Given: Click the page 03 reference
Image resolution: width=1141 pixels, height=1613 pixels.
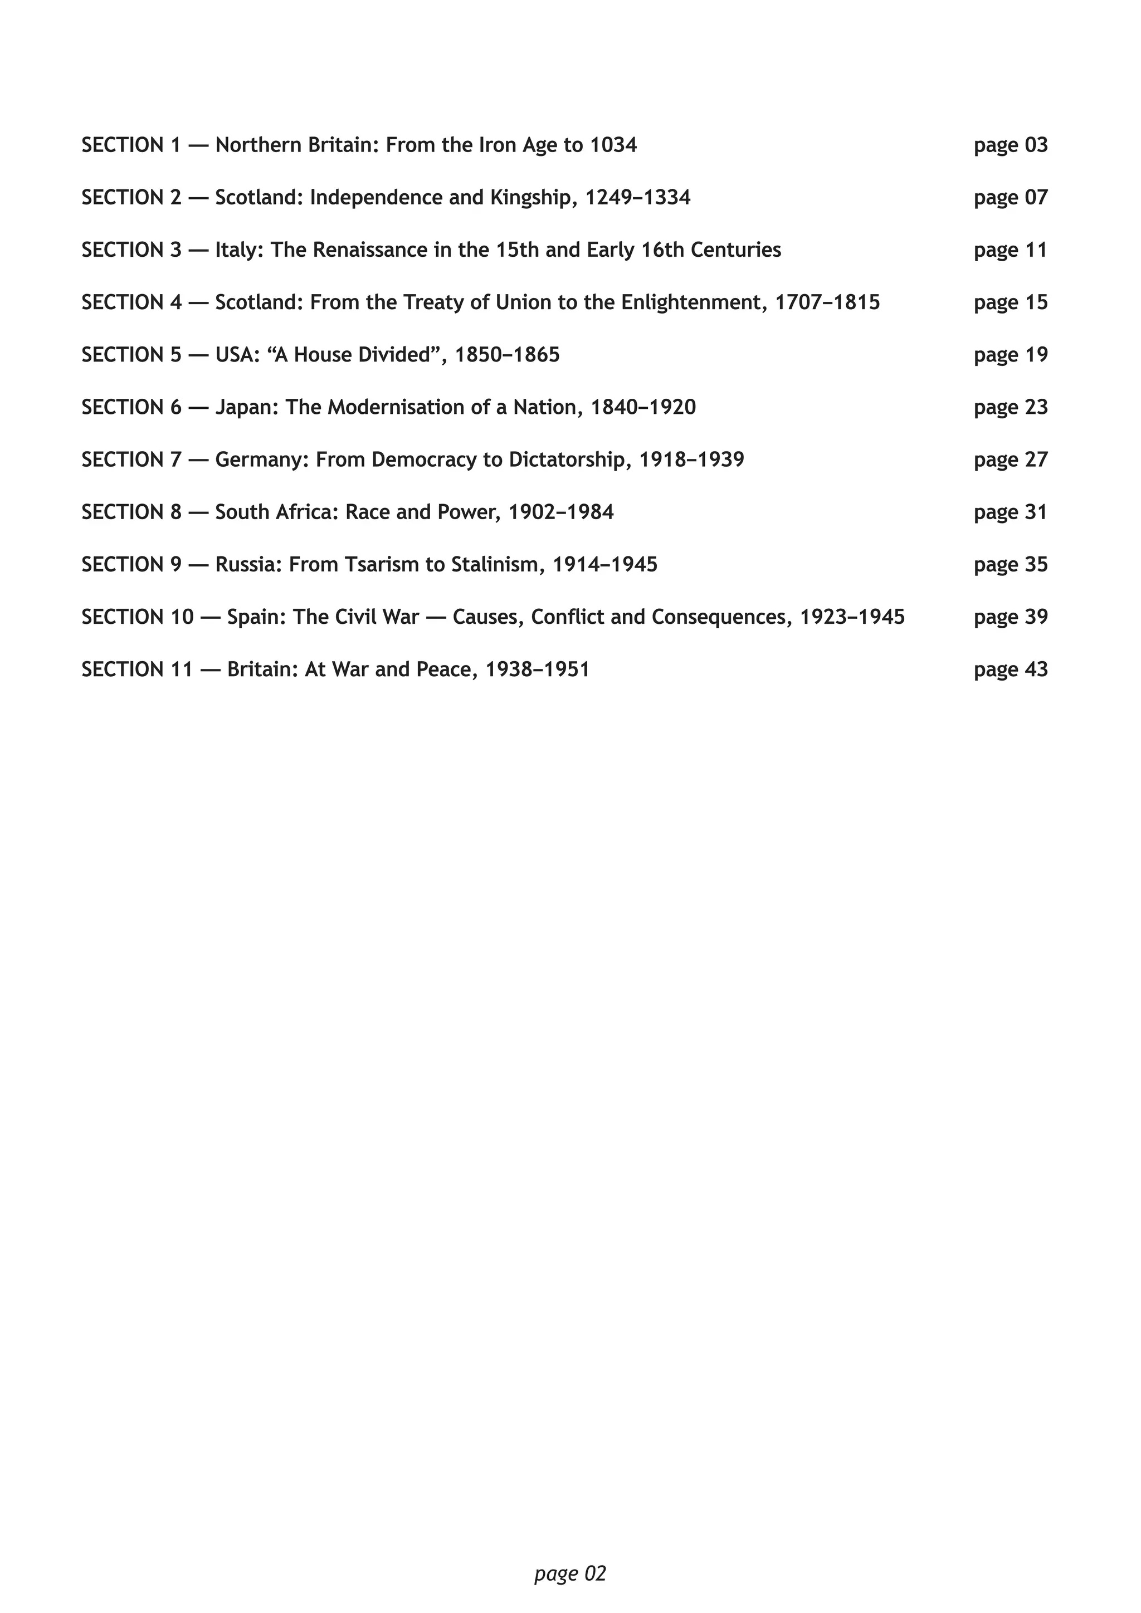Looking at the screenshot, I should click(1010, 145).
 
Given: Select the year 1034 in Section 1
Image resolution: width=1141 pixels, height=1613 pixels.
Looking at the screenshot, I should click(613, 145).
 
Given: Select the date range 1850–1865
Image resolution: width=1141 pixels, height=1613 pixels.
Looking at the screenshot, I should click(508, 355).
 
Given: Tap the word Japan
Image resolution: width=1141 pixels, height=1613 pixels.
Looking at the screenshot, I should click(247, 408).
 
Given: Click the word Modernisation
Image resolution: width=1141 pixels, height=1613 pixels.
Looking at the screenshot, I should click(400, 408).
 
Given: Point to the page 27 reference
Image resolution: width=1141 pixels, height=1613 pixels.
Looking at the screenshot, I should click(1010, 460).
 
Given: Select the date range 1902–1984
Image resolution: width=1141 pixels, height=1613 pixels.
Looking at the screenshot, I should click(560, 512).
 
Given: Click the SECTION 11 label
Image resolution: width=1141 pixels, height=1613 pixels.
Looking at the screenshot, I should click(137, 669).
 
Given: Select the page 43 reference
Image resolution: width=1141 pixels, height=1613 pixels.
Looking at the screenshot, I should click(1010, 669).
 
